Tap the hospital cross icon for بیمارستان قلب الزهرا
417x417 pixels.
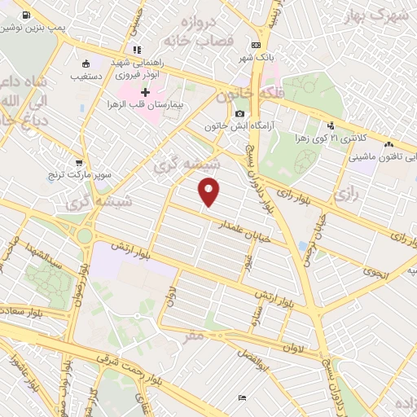[x=146, y=93]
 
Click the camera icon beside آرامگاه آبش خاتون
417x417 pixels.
[x=239, y=114]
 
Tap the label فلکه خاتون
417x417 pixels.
[x=245, y=95]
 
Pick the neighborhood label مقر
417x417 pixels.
[x=193, y=335]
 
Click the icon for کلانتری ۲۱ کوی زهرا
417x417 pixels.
[x=331, y=126]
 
